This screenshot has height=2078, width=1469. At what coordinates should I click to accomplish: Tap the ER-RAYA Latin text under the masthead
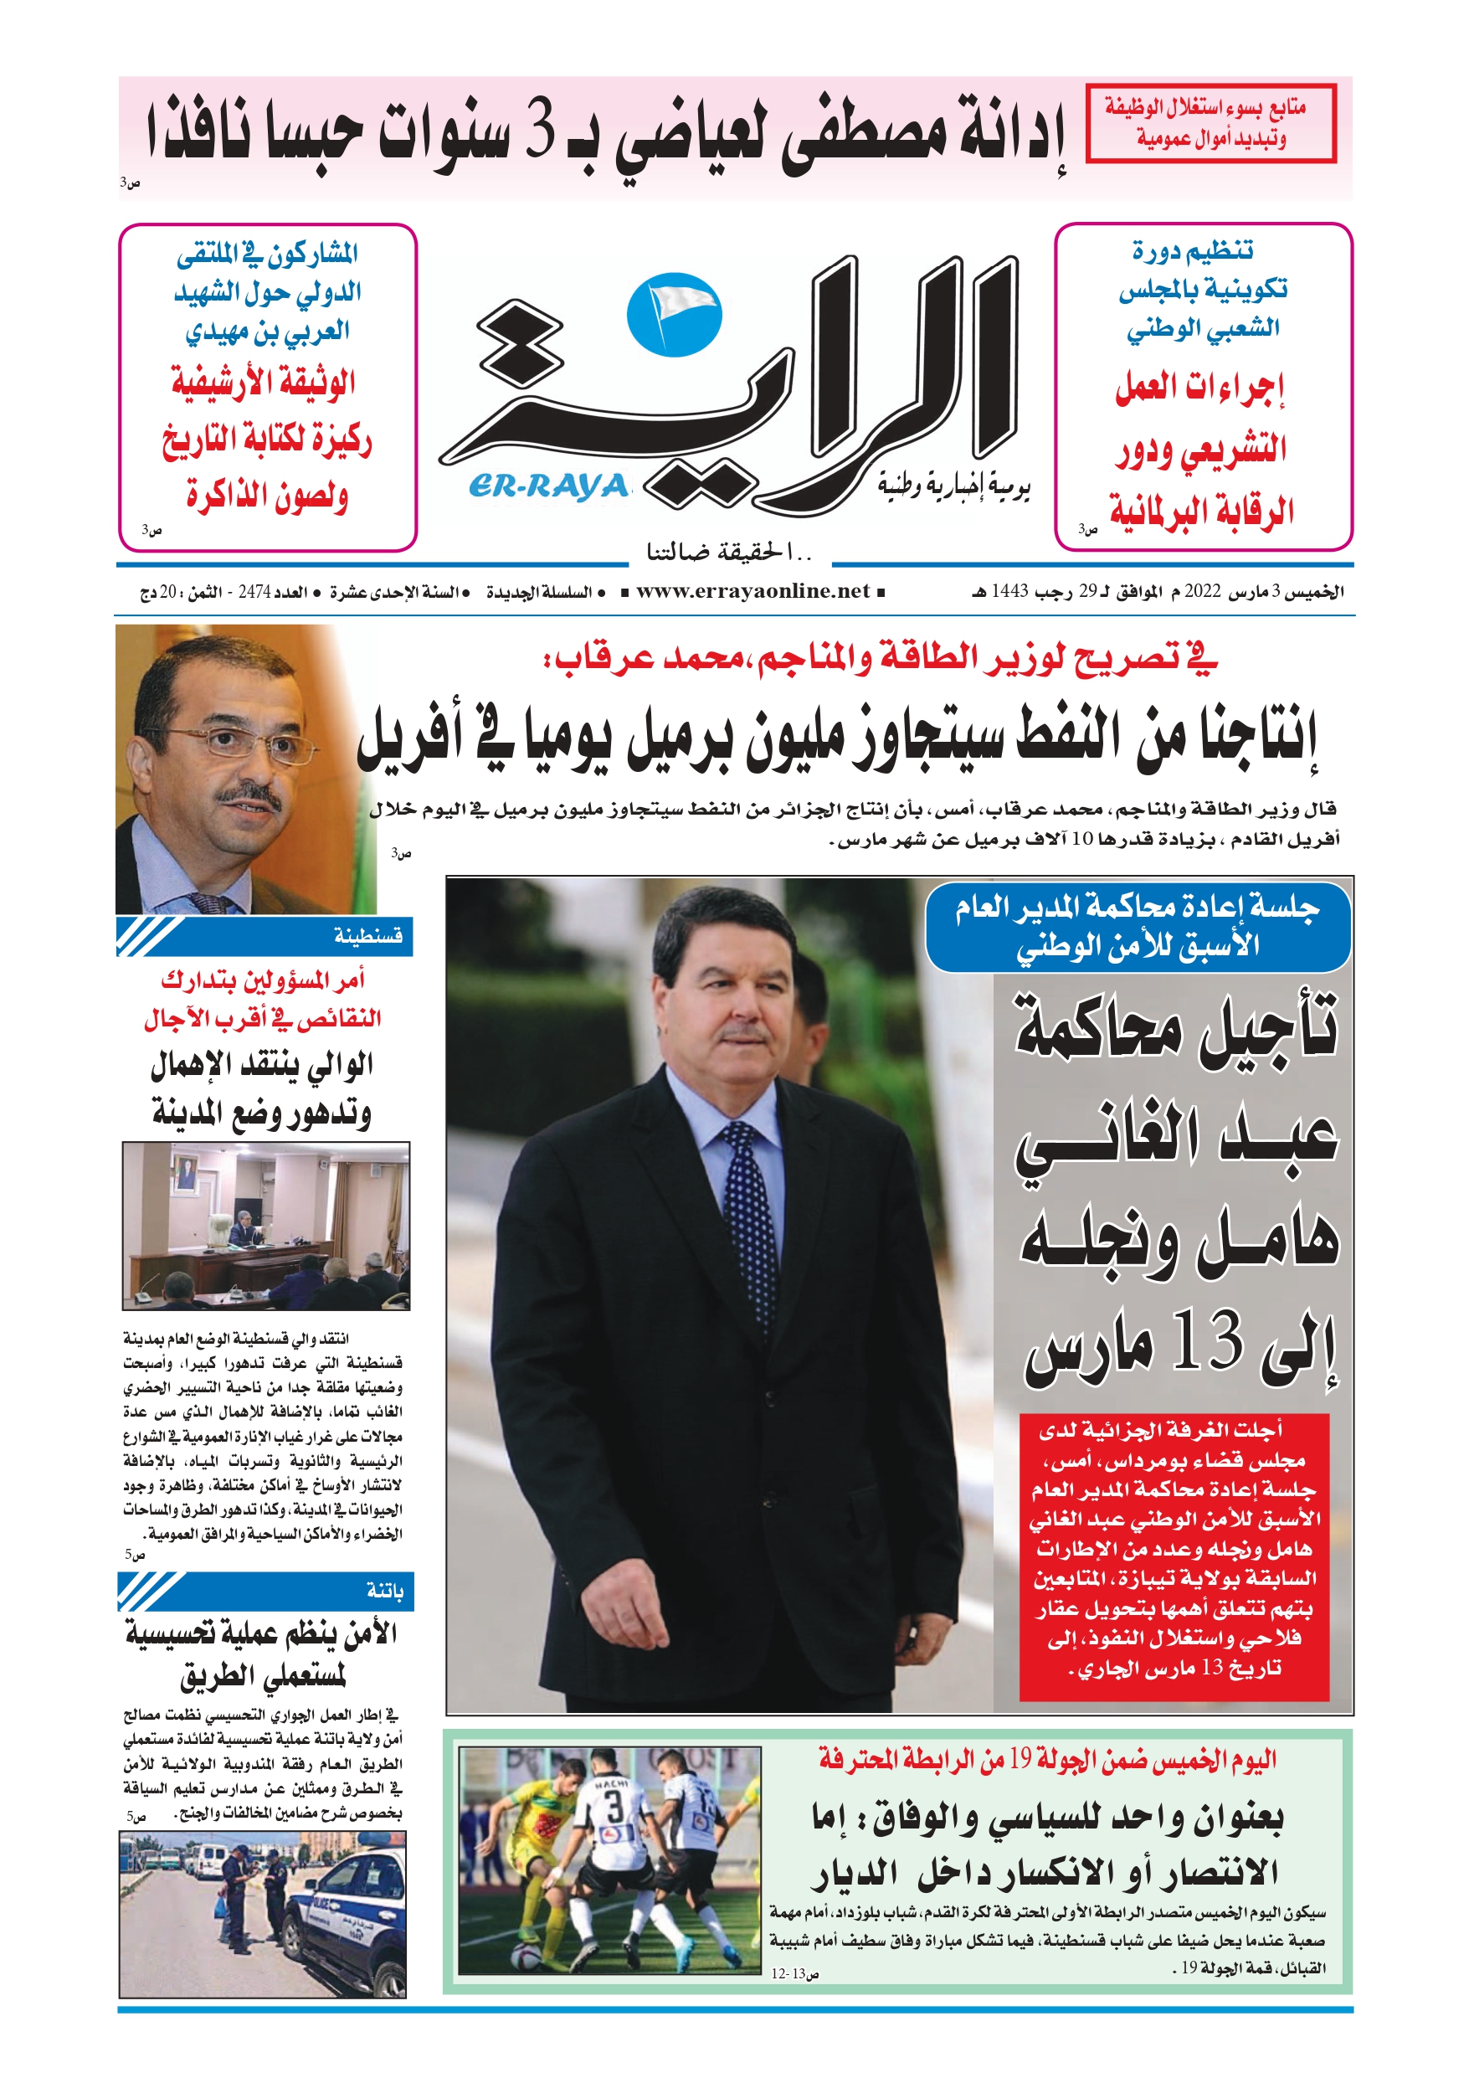[x=548, y=487]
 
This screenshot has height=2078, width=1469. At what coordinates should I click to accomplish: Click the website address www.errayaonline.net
[x=752, y=592]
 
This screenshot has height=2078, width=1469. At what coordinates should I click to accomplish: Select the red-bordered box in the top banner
[x=1210, y=123]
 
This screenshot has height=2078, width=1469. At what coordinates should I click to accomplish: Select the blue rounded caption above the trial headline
[x=1137, y=926]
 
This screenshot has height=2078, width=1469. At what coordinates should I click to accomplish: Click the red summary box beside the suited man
[x=1174, y=1556]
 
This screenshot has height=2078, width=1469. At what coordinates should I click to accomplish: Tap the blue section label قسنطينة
[x=367, y=936]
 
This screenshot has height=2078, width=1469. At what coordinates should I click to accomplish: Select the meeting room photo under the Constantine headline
[x=265, y=1226]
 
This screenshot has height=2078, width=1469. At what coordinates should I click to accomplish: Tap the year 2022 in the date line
[x=1203, y=592]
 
